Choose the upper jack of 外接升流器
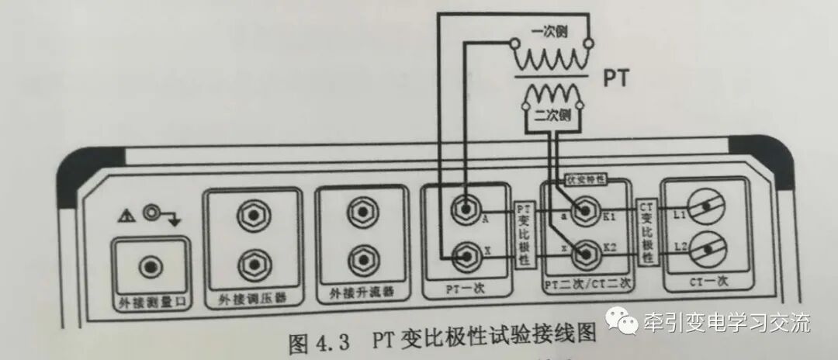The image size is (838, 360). (x=361, y=211)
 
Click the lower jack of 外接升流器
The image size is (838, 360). (x=361, y=256)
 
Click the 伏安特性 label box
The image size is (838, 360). (x=587, y=178)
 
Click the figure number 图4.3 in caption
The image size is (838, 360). (x=318, y=341)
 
